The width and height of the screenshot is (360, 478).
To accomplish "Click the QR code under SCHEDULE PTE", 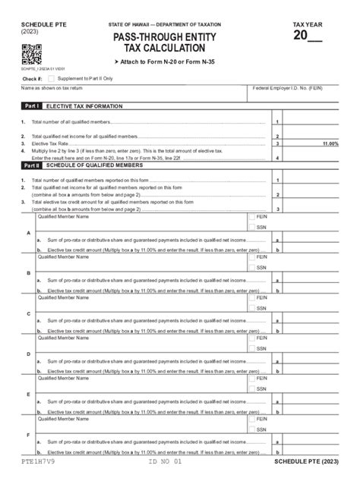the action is (30, 54).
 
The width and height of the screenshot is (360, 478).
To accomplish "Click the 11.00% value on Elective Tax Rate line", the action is (330, 143).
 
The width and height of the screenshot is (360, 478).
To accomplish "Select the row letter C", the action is (29, 313).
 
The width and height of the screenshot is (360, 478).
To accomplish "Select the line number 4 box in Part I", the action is (278, 157).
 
